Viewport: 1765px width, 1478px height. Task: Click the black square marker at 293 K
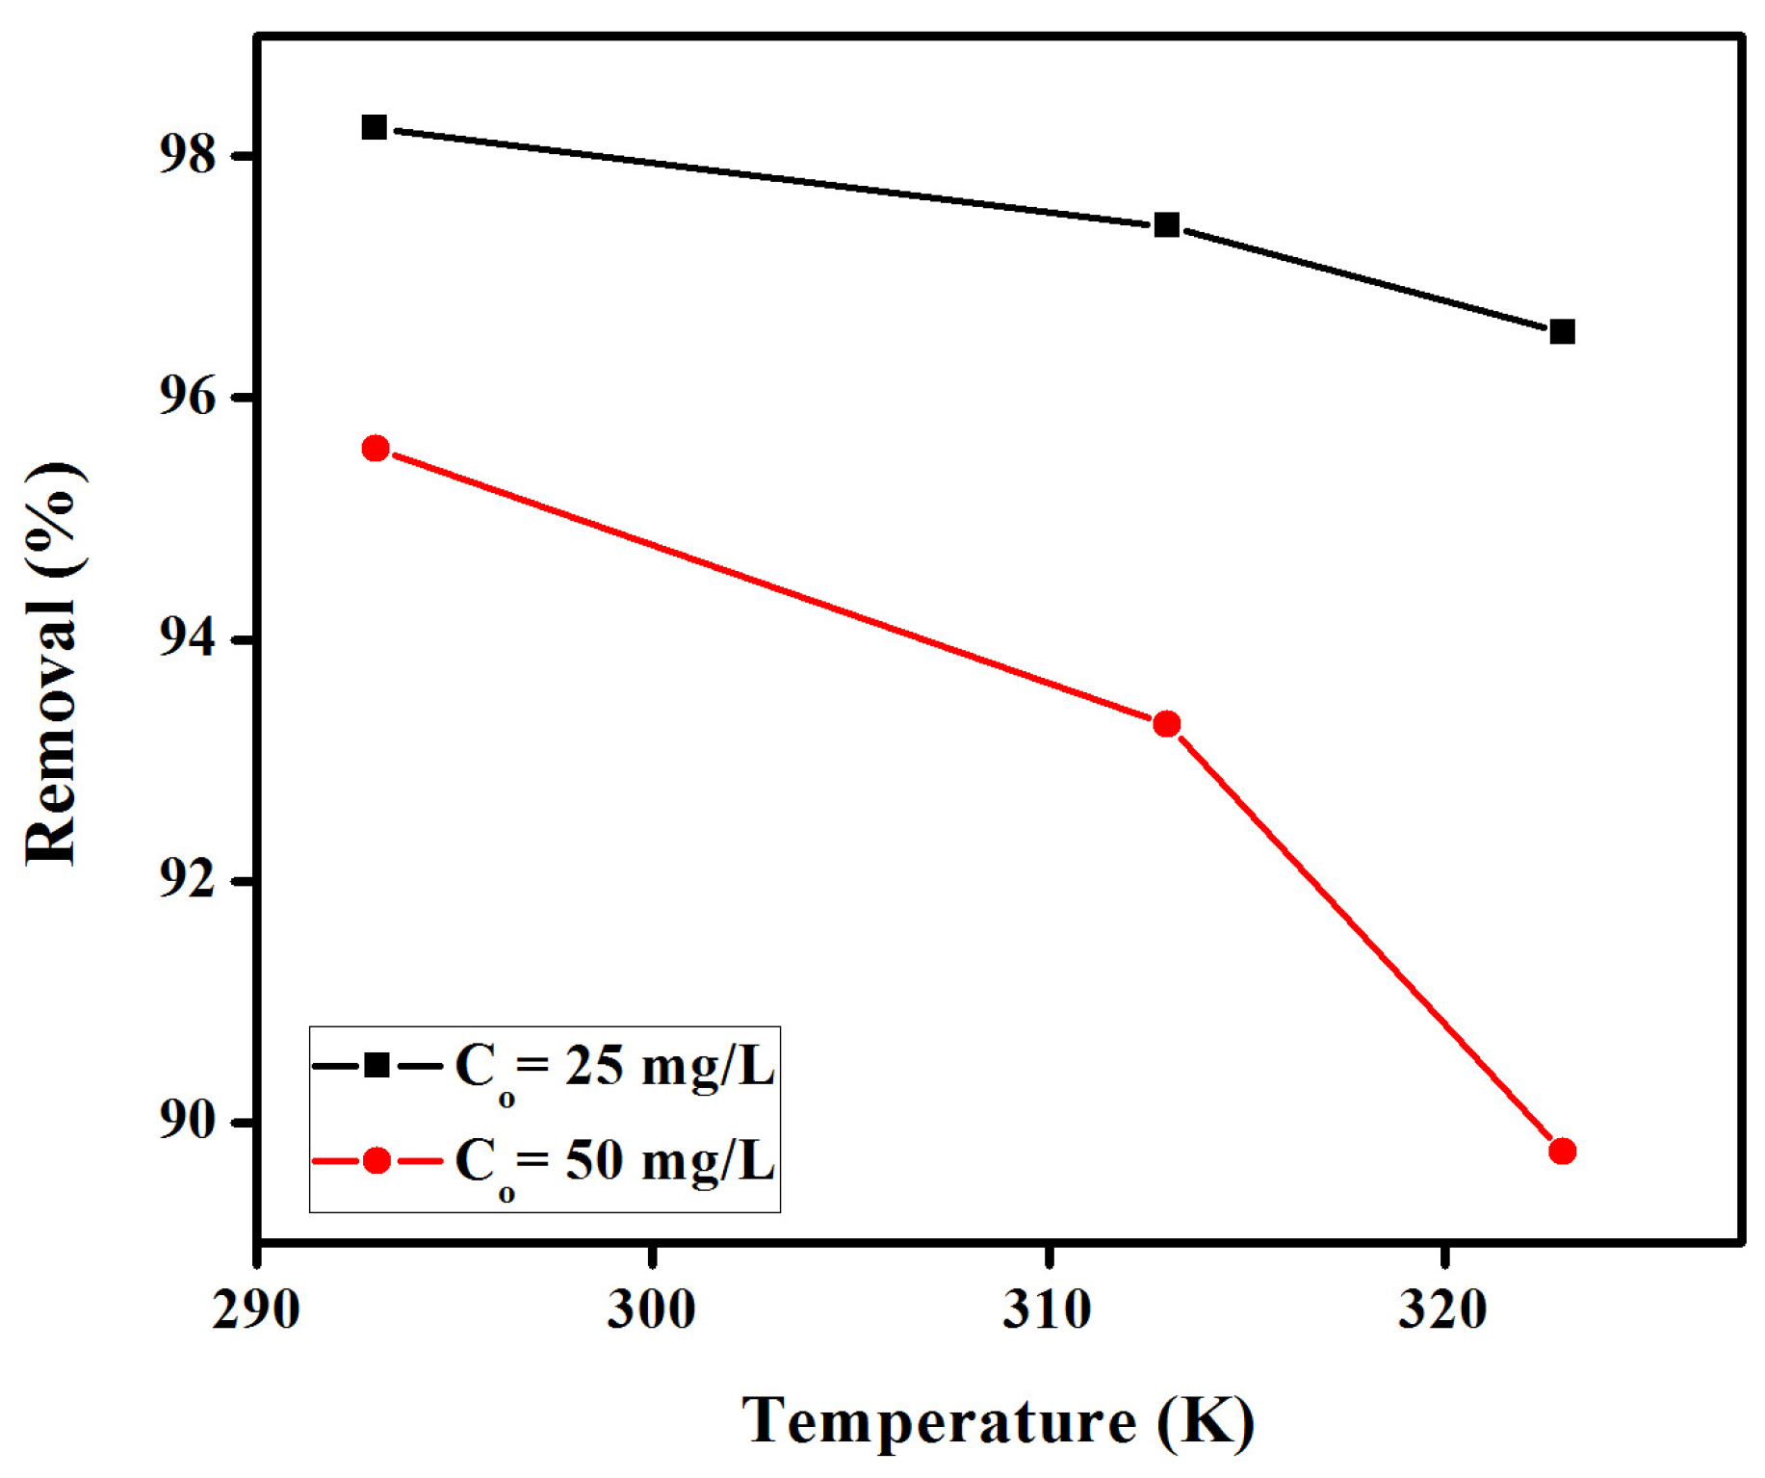click(x=375, y=127)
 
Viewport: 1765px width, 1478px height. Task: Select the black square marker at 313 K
click(x=1167, y=225)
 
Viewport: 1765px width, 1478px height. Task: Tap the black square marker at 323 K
click(x=1563, y=332)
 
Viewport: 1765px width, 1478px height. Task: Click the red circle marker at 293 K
click(x=376, y=449)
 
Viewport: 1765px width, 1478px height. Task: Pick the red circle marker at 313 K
click(x=1167, y=724)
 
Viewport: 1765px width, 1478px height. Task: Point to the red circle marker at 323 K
click(x=1563, y=1152)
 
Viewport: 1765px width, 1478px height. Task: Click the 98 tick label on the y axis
click(x=188, y=155)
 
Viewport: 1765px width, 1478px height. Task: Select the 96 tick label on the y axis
click(x=188, y=397)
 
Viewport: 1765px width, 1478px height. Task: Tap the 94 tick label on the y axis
click(x=188, y=639)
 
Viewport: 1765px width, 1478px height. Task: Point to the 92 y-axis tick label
click(x=188, y=881)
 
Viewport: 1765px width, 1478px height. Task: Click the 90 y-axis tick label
click(x=188, y=1123)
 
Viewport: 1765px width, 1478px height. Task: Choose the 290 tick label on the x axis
click(x=256, y=1310)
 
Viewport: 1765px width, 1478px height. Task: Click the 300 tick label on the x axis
click(x=652, y=1310)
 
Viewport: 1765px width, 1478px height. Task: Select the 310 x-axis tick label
click(x=1048, y=1310)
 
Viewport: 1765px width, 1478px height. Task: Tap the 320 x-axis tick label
click(x=1443, y=1310)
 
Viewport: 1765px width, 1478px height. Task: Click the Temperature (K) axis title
click(x=999, y=1421)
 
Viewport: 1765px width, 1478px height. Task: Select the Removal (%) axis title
click(x=52, y=664)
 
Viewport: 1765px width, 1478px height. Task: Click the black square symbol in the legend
click(x=376, y=1066)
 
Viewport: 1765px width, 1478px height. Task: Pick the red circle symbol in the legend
click(x=376, y=1160)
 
